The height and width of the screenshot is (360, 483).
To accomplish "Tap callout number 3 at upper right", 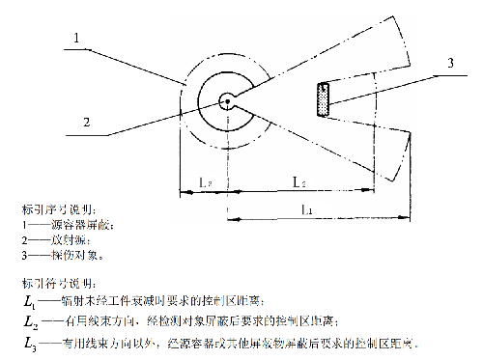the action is [x=449, y=64].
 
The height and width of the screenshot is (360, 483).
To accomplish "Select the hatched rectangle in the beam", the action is [x=324, y=97].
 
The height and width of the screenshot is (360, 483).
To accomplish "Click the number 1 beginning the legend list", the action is [x=23, y=226].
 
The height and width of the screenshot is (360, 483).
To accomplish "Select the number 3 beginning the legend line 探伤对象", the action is [x=23, y=257].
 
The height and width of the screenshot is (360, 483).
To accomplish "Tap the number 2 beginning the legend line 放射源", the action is [x=23, y=241].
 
